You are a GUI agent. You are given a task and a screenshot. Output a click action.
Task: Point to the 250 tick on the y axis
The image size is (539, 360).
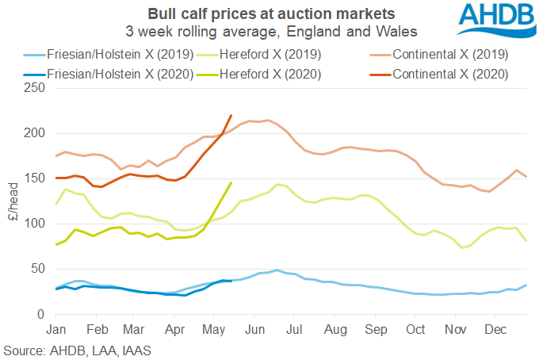point(36,87)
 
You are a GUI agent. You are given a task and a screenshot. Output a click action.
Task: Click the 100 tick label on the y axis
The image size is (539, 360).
point(36,224)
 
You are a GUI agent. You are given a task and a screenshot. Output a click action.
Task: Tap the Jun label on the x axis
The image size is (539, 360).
point(254,328)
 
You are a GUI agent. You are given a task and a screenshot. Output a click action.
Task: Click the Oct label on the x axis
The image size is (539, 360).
point(415,328)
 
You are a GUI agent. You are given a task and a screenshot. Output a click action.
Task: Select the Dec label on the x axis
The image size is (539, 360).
point(495,328)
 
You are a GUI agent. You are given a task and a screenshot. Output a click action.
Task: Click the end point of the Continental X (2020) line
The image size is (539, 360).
point(231,115)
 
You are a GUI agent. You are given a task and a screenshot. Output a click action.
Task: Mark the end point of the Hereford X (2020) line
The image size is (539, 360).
point(231,183)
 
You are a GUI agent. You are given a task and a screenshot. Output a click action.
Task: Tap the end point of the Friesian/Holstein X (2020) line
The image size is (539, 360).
point(231,281)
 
